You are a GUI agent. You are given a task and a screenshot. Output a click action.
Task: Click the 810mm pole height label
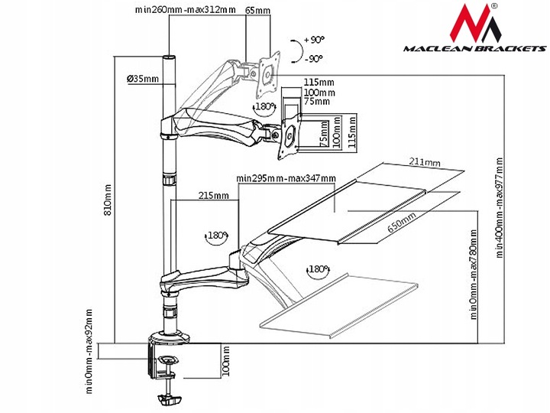point(108,197)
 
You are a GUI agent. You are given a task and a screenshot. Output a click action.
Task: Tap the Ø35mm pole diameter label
point(144,79)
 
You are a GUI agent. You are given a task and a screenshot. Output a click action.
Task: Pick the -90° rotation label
point(313,58)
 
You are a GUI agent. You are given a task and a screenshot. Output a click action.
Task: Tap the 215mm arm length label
point(214,196)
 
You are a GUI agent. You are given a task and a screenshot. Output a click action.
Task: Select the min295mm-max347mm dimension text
point(286,178)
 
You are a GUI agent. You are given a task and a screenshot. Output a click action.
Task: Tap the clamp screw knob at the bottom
point(170,399)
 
